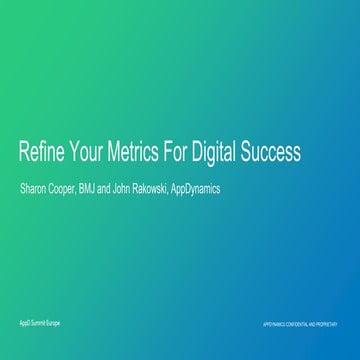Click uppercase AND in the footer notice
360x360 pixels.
coord(320,325)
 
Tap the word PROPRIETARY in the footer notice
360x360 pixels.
coord(336,325)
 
